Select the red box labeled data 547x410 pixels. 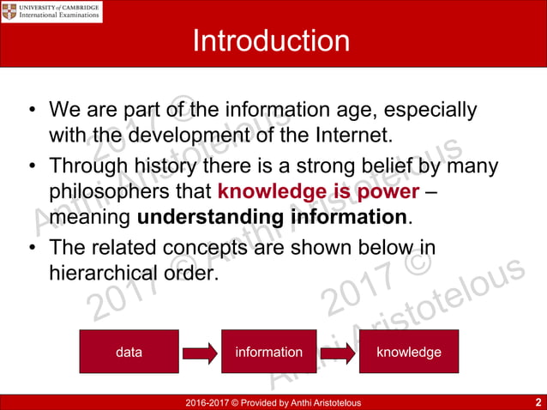[129, 352]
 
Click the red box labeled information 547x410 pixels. [268, 352]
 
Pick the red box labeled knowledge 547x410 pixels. [409, 352]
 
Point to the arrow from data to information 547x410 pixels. [198, 353]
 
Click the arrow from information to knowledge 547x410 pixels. [339, 353]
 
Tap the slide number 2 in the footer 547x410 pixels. [537, 402]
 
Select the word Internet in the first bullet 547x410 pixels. [351, 136]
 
